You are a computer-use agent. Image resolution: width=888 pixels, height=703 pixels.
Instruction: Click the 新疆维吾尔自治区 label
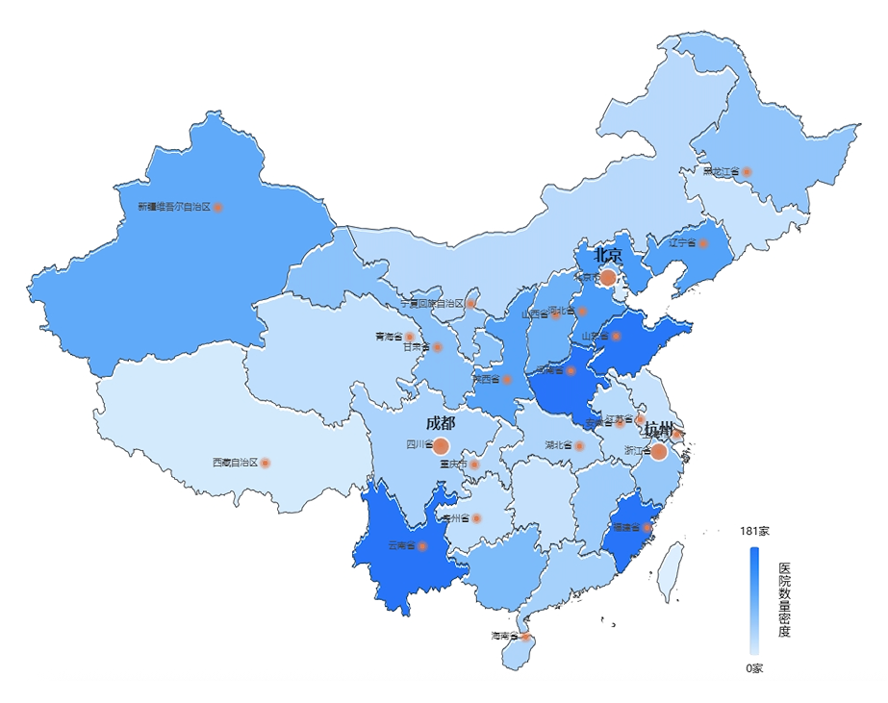pos(173,207)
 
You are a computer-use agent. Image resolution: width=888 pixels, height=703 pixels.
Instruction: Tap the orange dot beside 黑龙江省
pos(747,172)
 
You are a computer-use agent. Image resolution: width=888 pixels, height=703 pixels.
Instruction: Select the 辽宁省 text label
pos(683,243)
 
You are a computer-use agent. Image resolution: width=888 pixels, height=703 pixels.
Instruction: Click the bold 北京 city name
pos(608,256)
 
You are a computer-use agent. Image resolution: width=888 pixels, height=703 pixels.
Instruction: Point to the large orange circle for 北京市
pos(608,278)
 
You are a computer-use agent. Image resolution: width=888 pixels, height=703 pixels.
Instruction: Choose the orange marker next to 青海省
pos(410,337)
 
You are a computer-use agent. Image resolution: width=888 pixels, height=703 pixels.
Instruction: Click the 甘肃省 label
pos(416,347)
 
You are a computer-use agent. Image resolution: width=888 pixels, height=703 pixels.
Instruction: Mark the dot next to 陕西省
pos(507,380)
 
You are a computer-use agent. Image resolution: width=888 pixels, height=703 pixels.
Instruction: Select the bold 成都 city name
pos(441,423)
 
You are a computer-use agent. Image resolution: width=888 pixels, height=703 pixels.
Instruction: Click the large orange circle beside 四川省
pos(441,445)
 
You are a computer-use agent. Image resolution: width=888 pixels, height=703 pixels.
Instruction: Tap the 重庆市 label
pos(453,464)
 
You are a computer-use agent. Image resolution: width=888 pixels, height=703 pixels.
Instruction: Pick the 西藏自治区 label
pos(235,463)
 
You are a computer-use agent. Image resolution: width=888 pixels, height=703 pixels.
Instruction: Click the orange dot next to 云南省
pos(422,546)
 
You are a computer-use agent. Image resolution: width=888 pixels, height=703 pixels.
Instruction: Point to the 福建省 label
pos(626,528)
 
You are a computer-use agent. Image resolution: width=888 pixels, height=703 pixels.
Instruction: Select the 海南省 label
pos(504,636)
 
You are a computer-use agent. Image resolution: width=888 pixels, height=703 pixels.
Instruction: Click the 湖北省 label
pos(558,446)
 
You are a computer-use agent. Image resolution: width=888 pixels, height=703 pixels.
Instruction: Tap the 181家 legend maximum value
pos(754,531)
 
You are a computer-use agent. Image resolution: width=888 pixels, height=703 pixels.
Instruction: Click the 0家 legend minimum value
pos(754,668)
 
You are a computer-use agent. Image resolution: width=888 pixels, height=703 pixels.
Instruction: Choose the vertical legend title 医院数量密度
pos(784,601)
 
